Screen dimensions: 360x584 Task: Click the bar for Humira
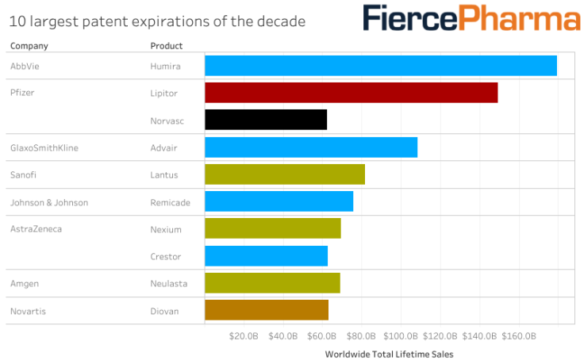(x=381, y=66)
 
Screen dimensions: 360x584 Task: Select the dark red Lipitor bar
(x=351, y=93)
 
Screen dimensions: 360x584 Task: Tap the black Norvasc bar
(x=266, y=120)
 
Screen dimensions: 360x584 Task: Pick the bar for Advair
(x=311, y=147)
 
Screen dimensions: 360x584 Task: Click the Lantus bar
(x=285, y=174)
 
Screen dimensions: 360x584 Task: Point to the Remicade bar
(x=279, y=202)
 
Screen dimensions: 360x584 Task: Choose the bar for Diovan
(x=267, y=310)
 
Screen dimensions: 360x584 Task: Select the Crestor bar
(x=266, y=256)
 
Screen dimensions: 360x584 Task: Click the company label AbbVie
(x=25, y=67)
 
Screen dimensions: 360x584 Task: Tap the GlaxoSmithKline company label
(x=44, y=147)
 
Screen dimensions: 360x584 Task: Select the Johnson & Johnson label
(x=49, y=203)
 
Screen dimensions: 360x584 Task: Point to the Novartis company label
(x=28, y=311)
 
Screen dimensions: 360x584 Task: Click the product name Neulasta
(x=167, y=284)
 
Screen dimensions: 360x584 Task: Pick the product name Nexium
(x=166, y=230)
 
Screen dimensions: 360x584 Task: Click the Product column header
(x=167, y=46)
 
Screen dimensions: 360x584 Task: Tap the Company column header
(x=29, y=46)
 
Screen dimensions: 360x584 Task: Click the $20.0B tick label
(x=243, y=335)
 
